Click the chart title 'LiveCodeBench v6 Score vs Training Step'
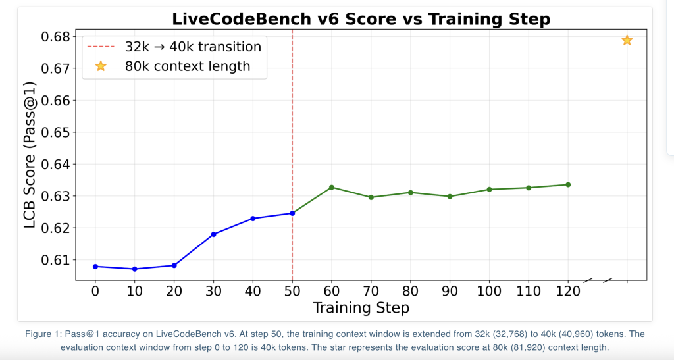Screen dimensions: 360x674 361,19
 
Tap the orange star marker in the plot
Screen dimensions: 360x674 627,41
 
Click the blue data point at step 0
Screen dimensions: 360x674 95,267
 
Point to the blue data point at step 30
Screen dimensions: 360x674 213,234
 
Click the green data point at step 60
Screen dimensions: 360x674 332,188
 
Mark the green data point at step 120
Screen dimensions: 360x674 568,185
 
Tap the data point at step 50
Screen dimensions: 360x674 292,213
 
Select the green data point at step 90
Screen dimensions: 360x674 450,197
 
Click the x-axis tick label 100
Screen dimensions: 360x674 489,290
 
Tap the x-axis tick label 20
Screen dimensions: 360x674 174,290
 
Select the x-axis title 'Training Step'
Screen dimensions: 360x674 361,308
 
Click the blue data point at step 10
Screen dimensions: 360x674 135,269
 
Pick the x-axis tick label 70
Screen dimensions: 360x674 371,290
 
